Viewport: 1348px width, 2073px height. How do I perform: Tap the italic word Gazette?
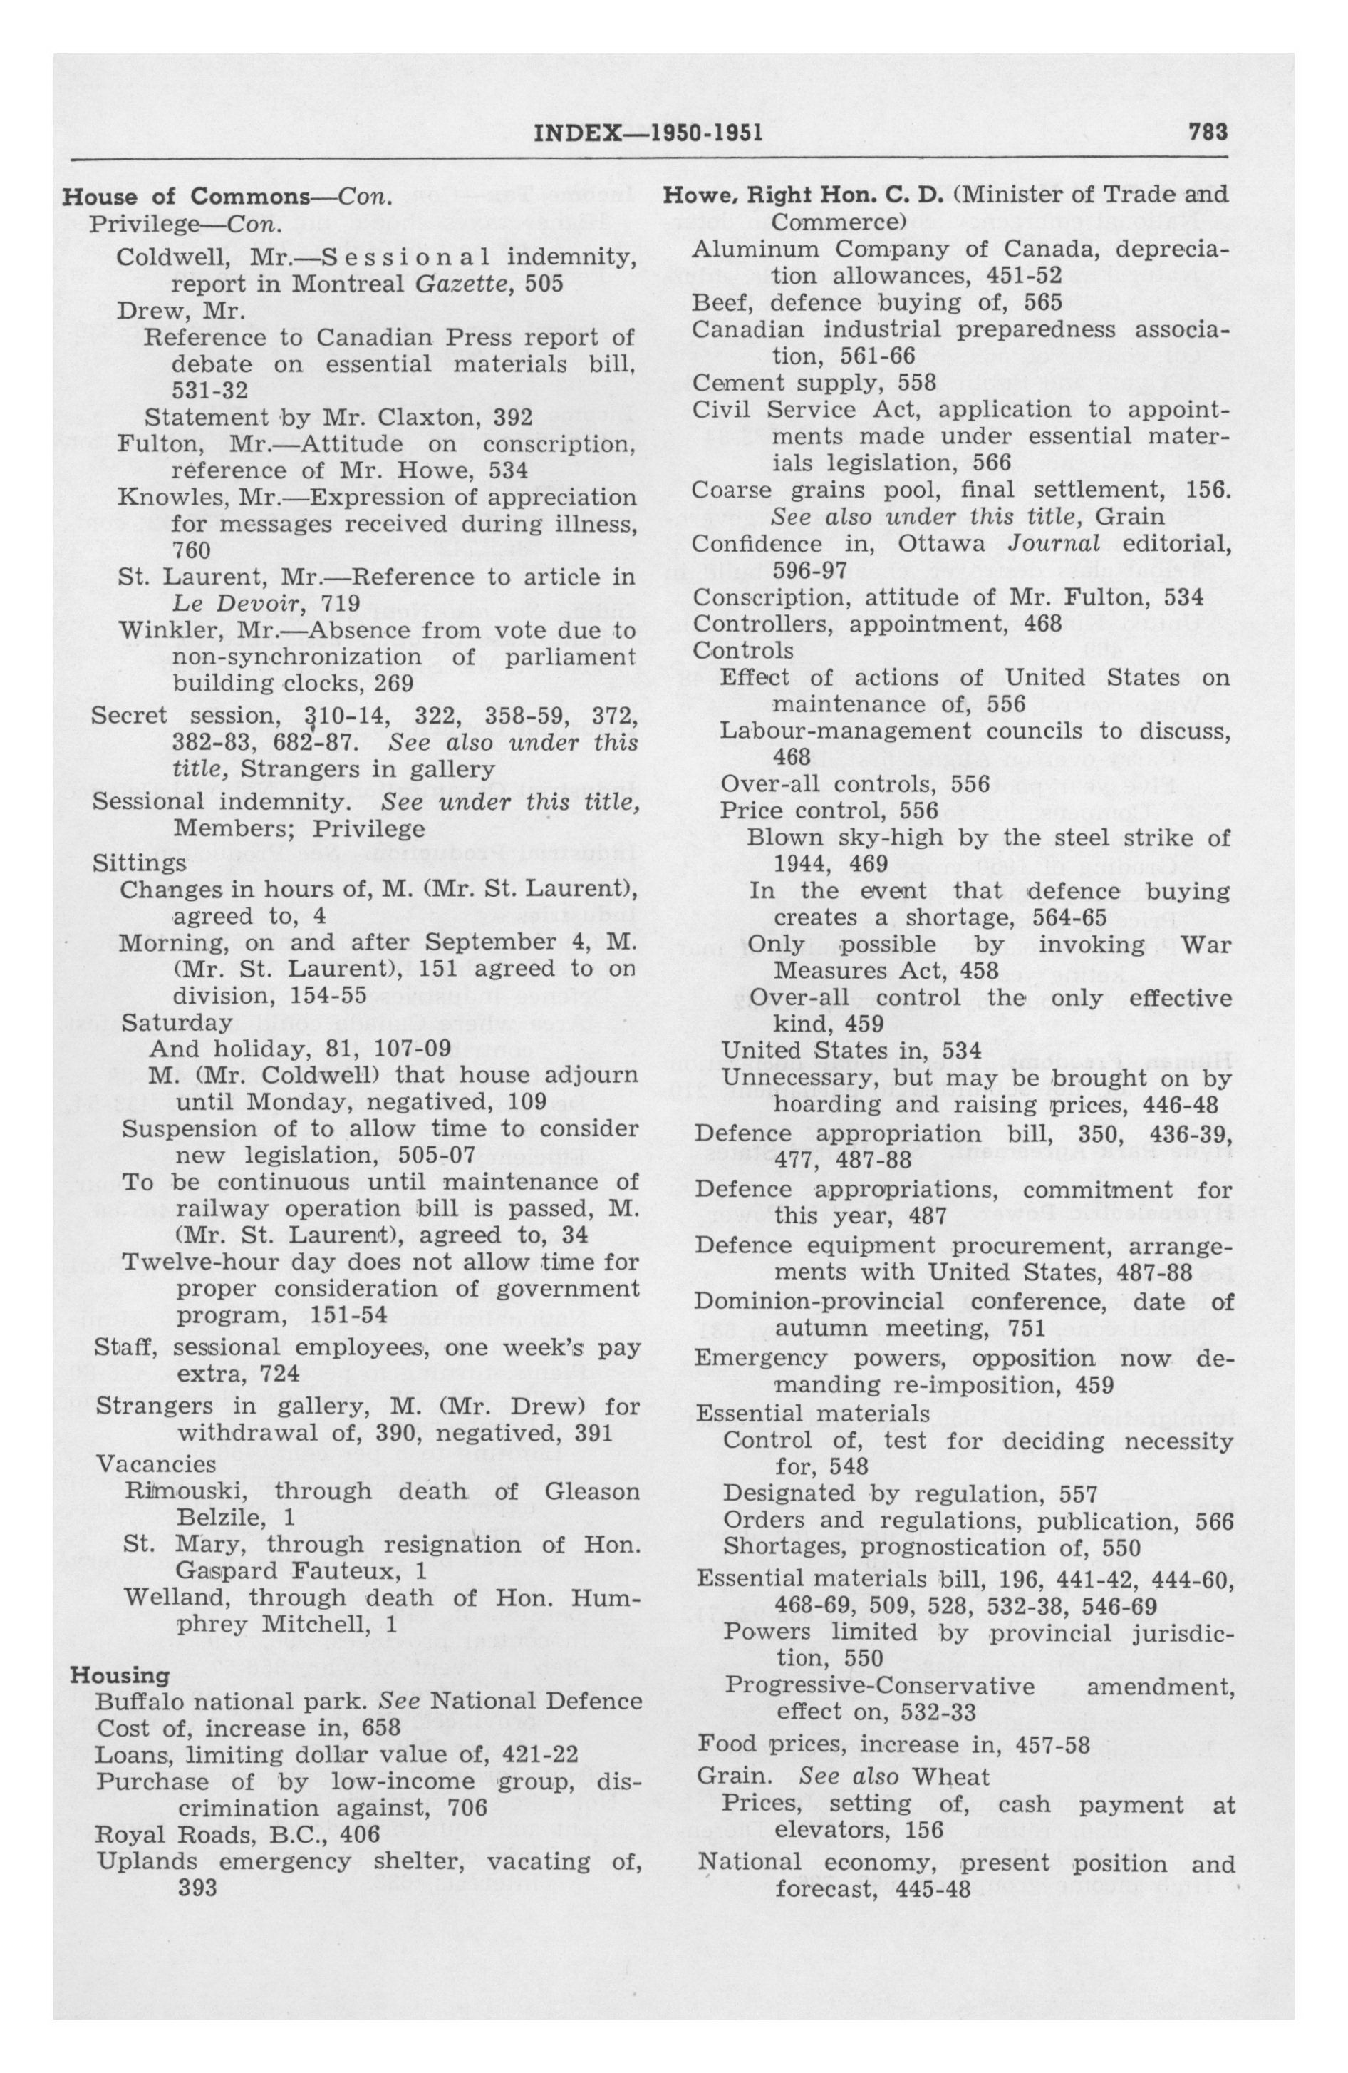pos(450,284)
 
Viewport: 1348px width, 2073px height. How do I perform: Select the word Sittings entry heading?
pos(140,863)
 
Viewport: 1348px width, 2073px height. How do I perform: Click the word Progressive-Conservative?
pos(879,1686)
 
